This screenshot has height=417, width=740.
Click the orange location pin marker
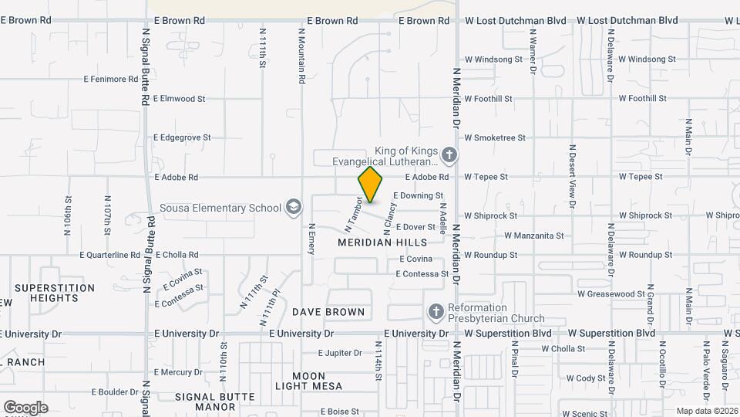pyautogui.click(x=371, y=185)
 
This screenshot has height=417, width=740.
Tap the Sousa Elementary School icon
pyautogui.click(x=293, y=207)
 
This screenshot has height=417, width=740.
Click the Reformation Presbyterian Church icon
pyautogui.click(x=436, y=311)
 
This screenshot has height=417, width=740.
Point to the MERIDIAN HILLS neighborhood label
pyautogui.click(x=382, y=242)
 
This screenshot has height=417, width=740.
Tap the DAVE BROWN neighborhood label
pyautogui.click(x=328, y=312)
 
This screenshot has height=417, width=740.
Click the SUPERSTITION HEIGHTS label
pyautogui.click(x=54, y=293)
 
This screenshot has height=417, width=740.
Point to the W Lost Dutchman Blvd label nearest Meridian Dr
pyautogui.click(x=516, y=21)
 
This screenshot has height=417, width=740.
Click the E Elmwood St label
pyautogui.click(x=180, y=99)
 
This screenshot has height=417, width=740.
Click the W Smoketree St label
pyautogui.click(x=494, y=137)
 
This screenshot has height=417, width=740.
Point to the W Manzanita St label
pyautogui.click(x=533, y=236)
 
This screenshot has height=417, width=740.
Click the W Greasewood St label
pyautogui.click(x=611, y=294)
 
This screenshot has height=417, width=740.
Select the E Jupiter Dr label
pyautogui.click(x=340, y=353)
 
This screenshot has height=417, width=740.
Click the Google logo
pyautogui.click(x=25, y=408)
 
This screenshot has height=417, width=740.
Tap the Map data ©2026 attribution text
pyautogui.click(x=706, y=411)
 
